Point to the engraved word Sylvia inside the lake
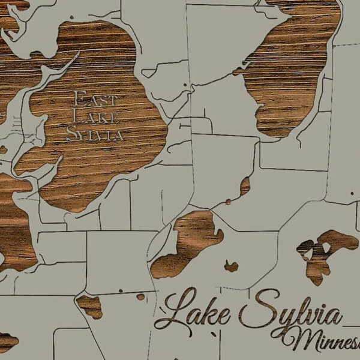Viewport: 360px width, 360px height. pos(95,134)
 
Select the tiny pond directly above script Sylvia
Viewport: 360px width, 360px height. pos(231,265)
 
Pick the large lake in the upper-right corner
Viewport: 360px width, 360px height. pos(294,66)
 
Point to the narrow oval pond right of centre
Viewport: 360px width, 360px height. pos(244,187)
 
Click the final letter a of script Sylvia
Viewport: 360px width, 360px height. pos(337,317)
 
